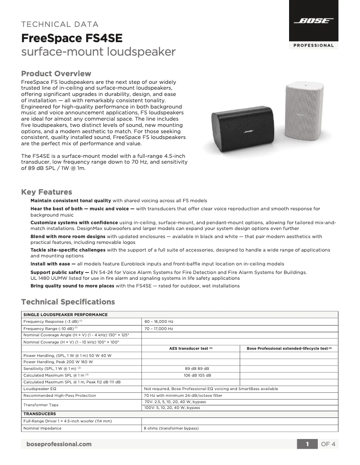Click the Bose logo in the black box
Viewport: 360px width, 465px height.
click(313, 21)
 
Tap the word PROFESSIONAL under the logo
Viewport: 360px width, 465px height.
click(313, 45)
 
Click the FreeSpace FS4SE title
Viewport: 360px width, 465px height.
click(71, 38)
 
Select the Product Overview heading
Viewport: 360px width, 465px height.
click(56, 74)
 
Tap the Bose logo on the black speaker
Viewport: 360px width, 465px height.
click(250, 132)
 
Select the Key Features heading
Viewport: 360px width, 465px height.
click(47, 192)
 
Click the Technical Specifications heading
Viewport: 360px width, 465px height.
click(68, 302)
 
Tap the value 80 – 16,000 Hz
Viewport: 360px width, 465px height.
click(158, 322)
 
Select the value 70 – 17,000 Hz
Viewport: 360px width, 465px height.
click(158, 329)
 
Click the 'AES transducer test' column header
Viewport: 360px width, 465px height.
click(191, 348)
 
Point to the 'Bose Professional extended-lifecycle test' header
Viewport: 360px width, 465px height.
click(289, 348)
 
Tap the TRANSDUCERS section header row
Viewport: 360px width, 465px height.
click(40, 413)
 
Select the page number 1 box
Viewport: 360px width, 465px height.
click(307, 444)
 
